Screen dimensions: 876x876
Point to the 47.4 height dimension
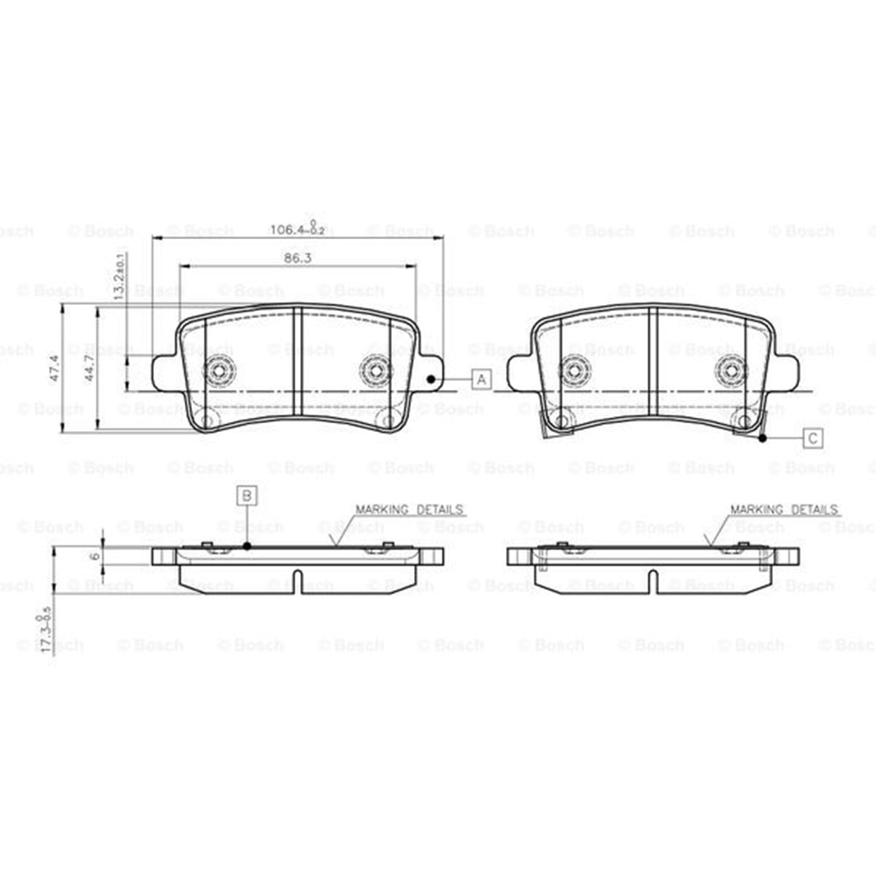54,369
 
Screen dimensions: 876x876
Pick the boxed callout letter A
482,379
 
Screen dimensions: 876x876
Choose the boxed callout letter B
248,496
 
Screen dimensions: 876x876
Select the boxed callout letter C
813,437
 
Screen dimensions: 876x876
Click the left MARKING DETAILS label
409,509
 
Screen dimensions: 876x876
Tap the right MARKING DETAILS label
784,509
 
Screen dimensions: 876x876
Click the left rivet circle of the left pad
218,371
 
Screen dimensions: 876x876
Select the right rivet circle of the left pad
375,371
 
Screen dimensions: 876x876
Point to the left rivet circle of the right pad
574,371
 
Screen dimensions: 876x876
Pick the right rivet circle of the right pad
730,371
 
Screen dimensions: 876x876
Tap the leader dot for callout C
764,437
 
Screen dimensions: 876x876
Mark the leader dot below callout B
248,546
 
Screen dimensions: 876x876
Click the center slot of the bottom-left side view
298,582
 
